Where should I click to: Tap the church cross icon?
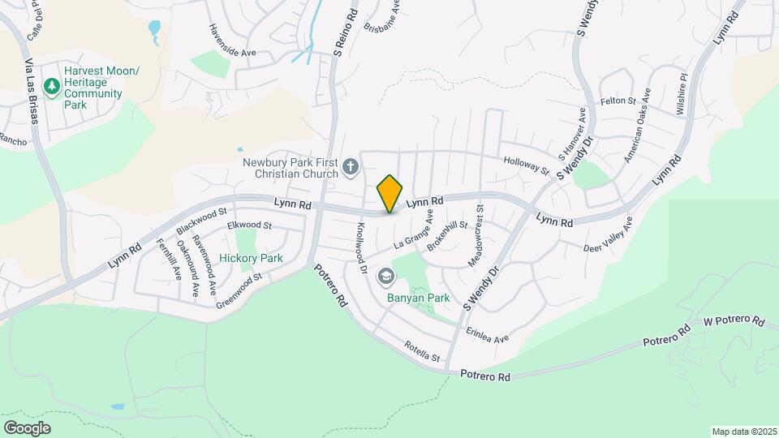tap(351, 167)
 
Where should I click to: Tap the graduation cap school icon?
tap(385, 277)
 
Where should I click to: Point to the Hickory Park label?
tap(251, 259)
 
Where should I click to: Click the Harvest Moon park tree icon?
tap(53, 86)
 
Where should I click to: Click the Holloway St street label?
tap(527, 165)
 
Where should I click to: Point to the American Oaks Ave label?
tap(637, 126)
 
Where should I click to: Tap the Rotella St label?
tap(422, 352)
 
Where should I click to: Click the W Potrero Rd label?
tap(734, 321)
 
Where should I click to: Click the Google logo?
tap(27, 427)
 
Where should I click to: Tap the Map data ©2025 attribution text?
tap(743, 432)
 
